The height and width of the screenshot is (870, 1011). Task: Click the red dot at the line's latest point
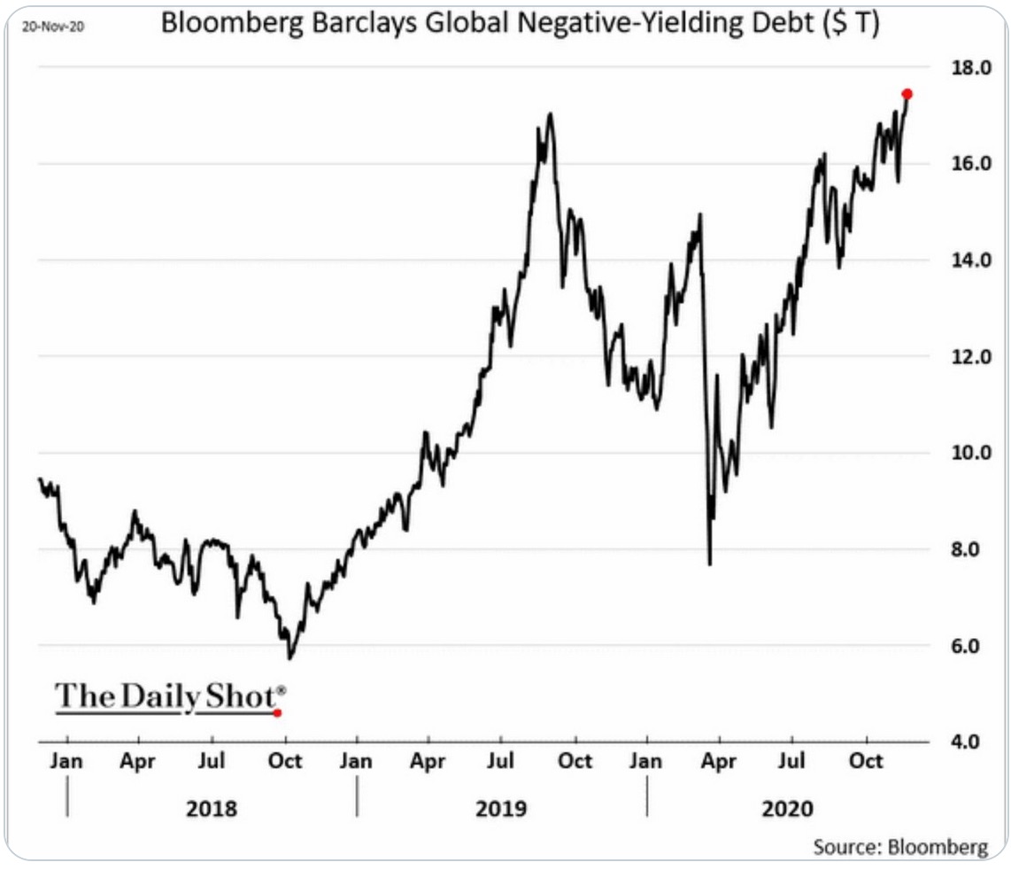907,94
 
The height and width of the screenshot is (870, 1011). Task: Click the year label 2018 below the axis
212,808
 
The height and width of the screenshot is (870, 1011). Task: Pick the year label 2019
501,808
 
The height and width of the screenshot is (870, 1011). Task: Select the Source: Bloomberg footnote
900,846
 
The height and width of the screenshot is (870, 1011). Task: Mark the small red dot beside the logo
277,712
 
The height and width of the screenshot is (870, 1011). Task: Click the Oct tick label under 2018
285,761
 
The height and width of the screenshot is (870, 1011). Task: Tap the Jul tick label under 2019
501,761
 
